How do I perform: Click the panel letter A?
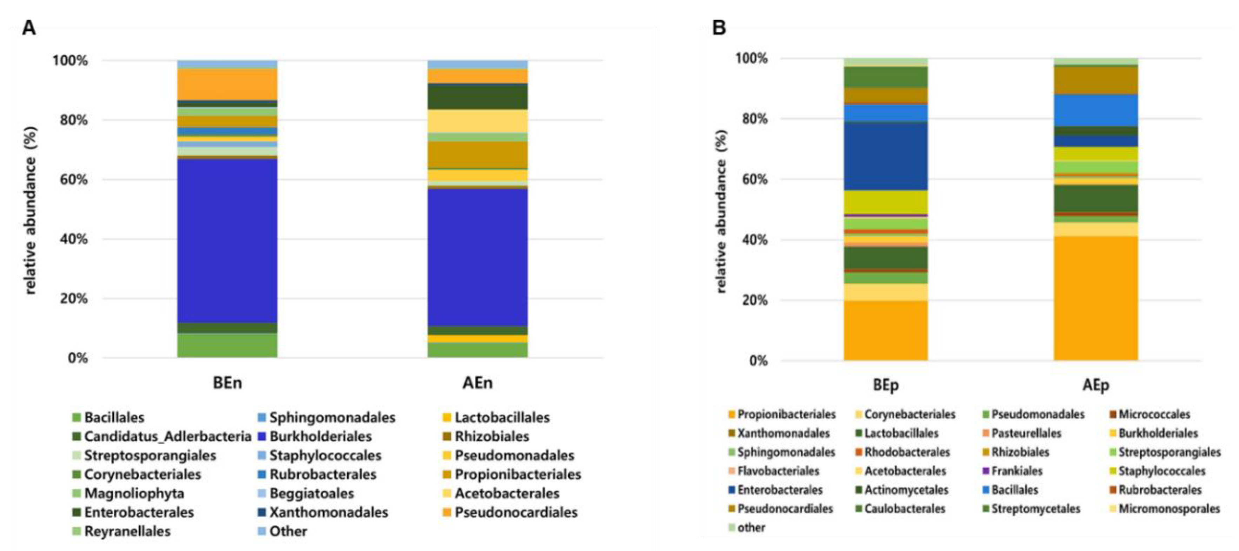point(29,28)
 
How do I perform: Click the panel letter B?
point(719,28)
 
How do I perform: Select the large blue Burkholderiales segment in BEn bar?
point(227,240)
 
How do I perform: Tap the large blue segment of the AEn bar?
point(477,257)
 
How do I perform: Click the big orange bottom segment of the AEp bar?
point(1096,298)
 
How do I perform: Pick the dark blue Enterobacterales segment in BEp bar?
point(886,156)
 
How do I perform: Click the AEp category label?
point(1096,385)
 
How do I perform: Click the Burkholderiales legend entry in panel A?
point(320,437)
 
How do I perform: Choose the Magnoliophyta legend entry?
point(134,493)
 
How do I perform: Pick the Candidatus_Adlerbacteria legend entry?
point(167,437)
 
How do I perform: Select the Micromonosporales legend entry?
point(1169,509)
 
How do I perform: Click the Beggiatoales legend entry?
point(311,493)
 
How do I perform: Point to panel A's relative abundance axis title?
point(30,210)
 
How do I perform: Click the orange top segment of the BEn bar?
point(227,84)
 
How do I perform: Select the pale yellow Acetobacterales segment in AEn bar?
point(477,121)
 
